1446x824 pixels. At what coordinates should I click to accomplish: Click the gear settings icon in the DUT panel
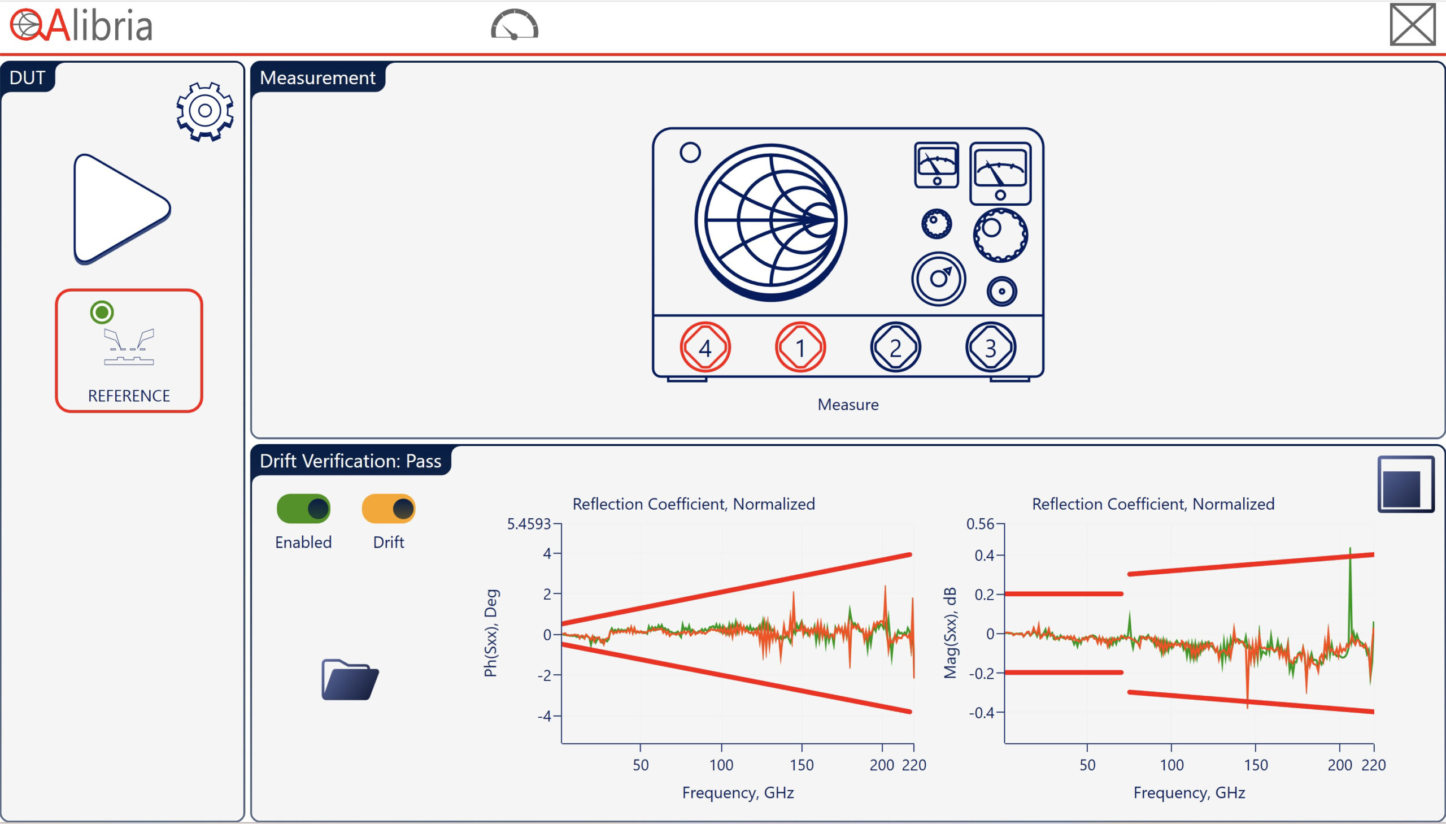coord(204,111)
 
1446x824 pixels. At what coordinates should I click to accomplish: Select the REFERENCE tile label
coord(129,396)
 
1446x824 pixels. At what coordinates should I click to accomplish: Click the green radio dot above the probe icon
coord(102,312)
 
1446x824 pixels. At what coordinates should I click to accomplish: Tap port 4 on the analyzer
coord(704,348)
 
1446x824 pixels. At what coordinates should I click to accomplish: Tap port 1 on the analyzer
coord(800,348)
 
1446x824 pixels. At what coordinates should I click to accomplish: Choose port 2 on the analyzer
coord(895,348)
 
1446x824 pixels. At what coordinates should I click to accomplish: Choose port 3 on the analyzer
coord(990,348)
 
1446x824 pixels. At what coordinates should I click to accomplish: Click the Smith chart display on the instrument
coord(770,222)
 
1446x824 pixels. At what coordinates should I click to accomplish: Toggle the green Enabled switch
coord(303,509)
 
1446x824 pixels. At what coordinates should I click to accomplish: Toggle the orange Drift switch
coord(389,509)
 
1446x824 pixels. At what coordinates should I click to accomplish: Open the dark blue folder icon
coord(350,680)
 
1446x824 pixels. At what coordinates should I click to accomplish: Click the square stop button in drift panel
coord(1405,484)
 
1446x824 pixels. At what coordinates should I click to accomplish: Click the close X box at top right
coord(1412,24)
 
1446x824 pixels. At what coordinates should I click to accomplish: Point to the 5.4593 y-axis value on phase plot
coord(528,524)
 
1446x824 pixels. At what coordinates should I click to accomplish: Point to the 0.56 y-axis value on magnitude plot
coord(980,524)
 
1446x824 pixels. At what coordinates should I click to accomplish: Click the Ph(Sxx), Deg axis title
coord(491,633)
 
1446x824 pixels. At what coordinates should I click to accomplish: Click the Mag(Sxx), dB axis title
coord(950,633)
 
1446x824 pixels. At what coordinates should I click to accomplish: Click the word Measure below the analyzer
coord(848,405)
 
